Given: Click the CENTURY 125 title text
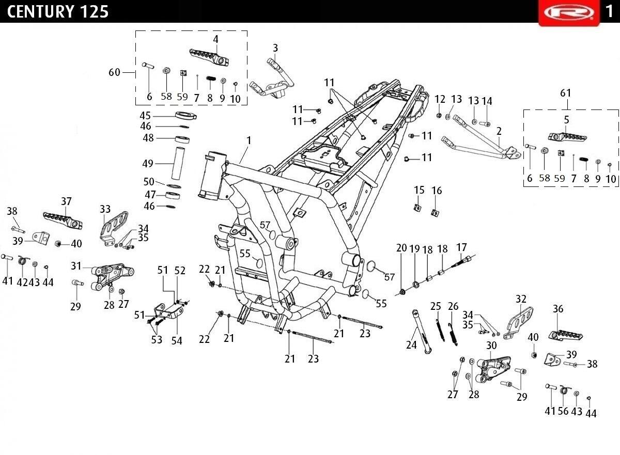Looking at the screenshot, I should [58, 11].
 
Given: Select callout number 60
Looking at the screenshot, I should [115, 72].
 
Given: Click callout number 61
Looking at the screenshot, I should [566, 93].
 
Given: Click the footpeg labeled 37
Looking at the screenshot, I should [63, 221].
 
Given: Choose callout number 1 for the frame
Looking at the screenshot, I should [249, 140].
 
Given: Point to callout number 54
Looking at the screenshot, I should [177, 341].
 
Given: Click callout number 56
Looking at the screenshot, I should [563, 411].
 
